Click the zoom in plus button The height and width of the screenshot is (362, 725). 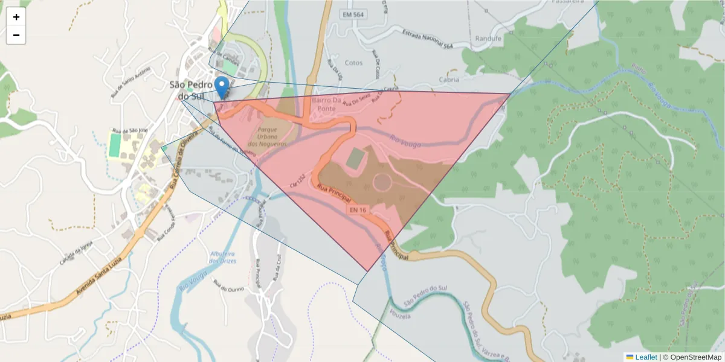point(16,17)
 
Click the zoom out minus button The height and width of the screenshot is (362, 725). point(16,36)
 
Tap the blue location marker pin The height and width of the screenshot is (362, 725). point(222,87)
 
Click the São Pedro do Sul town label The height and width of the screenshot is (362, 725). point(191,90)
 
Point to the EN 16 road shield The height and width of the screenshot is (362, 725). point(358,209)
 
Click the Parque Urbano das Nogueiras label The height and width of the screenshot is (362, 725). point(271,137)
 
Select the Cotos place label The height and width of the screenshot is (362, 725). point(353,63)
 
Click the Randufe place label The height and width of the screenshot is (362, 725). point(488,39)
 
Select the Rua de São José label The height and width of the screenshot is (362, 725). point(130,130)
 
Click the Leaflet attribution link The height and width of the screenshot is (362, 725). point(646,357)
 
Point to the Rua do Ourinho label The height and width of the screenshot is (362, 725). point(228,288)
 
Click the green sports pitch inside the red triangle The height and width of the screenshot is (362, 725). point(356,158)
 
